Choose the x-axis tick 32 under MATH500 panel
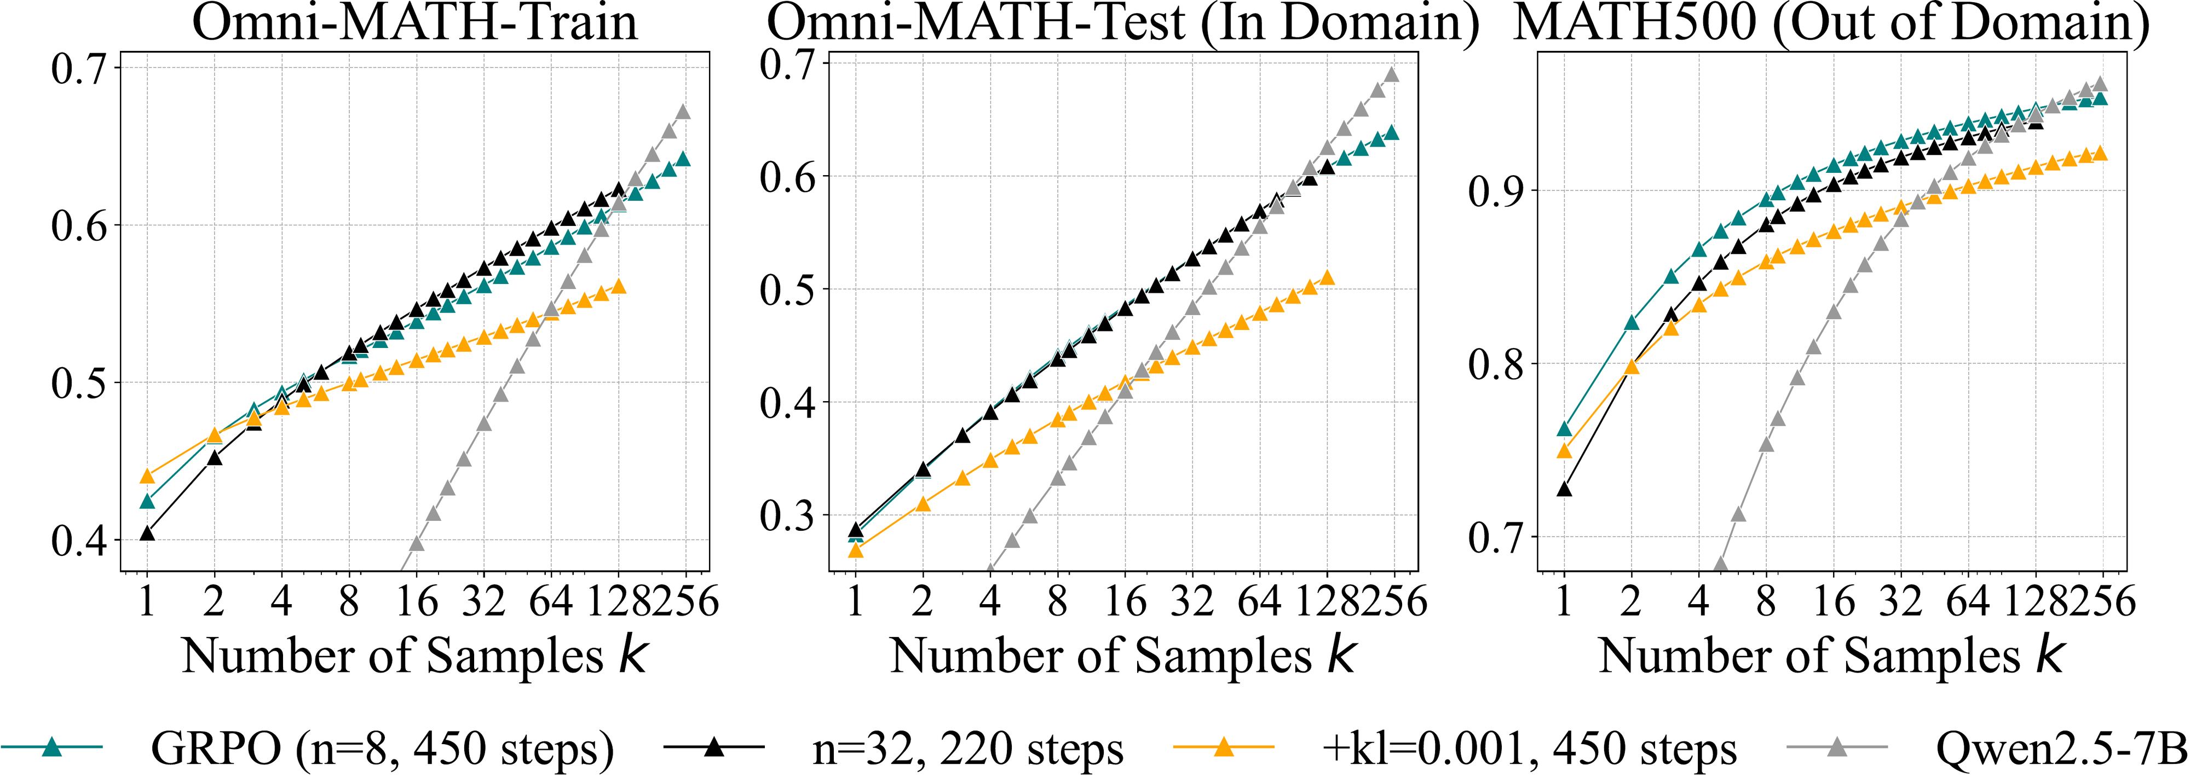[x=1900, y=601]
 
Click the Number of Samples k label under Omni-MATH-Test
[x=1122, y=656]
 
